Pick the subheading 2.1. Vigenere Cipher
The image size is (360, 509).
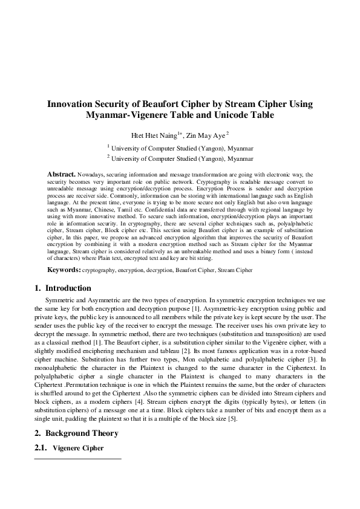tap(68, 449)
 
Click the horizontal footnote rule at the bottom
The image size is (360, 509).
tap(78, 459)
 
